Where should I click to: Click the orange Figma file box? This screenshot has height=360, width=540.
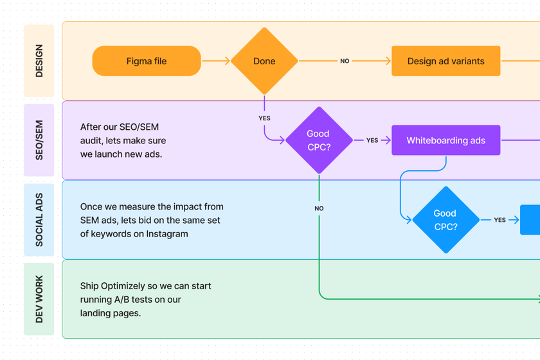147,61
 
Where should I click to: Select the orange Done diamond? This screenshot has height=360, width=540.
264,61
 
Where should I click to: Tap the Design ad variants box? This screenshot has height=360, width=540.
446,61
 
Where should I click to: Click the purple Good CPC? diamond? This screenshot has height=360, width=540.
318,140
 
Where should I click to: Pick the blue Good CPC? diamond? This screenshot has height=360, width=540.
445,220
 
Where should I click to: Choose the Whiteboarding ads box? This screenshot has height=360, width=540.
446,140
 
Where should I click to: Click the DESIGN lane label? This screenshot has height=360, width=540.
39,61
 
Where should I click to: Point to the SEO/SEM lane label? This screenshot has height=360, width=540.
39,140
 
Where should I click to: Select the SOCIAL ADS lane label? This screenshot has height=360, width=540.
39,220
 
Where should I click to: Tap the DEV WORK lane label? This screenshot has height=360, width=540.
39,299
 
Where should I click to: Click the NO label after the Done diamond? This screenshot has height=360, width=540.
345,61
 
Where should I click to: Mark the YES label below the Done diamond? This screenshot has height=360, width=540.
264,118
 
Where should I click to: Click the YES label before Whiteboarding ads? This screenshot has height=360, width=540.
372,140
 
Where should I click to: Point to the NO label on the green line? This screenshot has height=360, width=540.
319,208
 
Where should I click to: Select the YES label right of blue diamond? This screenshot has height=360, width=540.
500,220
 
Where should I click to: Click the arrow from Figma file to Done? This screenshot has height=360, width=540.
215,61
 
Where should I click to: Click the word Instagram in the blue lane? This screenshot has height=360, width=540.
167,234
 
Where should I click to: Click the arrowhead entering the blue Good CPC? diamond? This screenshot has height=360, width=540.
408,220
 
